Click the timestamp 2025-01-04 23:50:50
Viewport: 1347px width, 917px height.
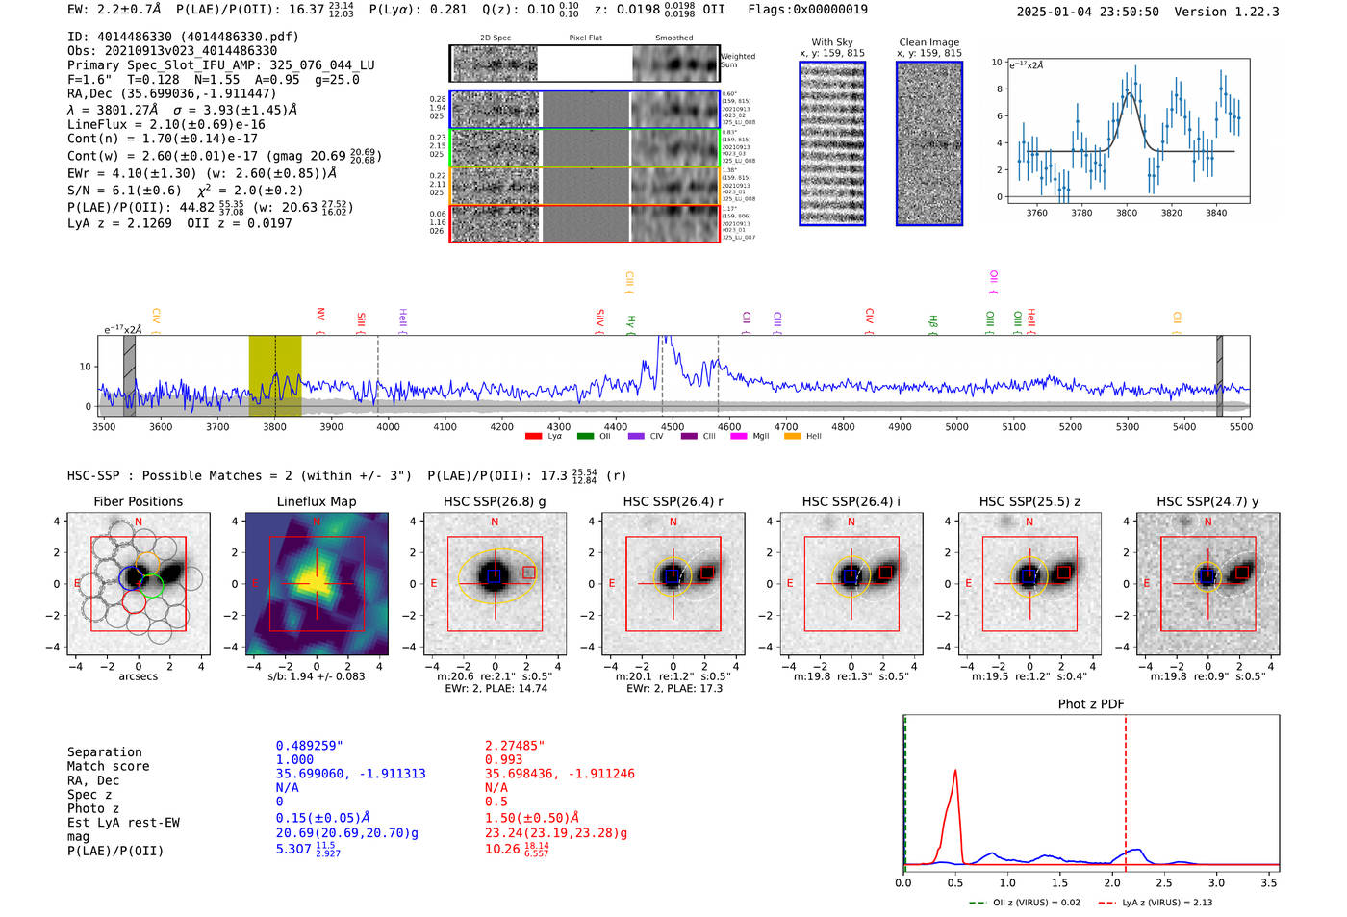pyautogui.click(x=1087, y=12)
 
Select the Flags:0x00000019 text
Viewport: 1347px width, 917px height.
pyautogui.click(x=807, y=9)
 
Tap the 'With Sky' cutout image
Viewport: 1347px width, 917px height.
pyautogui.click(x=832, y=143)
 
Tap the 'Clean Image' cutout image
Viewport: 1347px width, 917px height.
pyautogui.click(x=929, y=143)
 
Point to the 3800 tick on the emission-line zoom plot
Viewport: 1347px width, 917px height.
pyautogui.click(x=1127, y=213)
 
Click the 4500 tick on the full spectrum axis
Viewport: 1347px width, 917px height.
pyautogui.click(x=673, y=426)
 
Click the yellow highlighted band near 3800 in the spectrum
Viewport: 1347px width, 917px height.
pyautogui.click(x=275, y=375)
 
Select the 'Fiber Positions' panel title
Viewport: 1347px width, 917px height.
pyautogui.click(x=138, y=501)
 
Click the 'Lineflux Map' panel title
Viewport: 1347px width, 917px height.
pyautogui.click(x=317, y=501)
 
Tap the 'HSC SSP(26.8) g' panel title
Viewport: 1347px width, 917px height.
pyautogui.click(x=495, y=501)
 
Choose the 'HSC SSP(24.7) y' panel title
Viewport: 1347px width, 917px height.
pyautogui.click(x=1207, y=501)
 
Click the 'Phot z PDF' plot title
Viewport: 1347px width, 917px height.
pyautogui.click(x=1091, y=704)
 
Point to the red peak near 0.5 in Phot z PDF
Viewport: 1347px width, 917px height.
pyautogui.click(x=955, y=772)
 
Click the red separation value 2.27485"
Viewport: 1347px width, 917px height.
pyautogui.click(x=515, y=746)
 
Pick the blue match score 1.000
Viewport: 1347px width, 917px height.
pyautogui.click(x=294, y=759)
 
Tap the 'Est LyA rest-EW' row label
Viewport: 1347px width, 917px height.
pyautogui.click(x=123, y=823)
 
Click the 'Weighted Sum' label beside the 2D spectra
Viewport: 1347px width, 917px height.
pyautogui.click(x=738, y=60)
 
